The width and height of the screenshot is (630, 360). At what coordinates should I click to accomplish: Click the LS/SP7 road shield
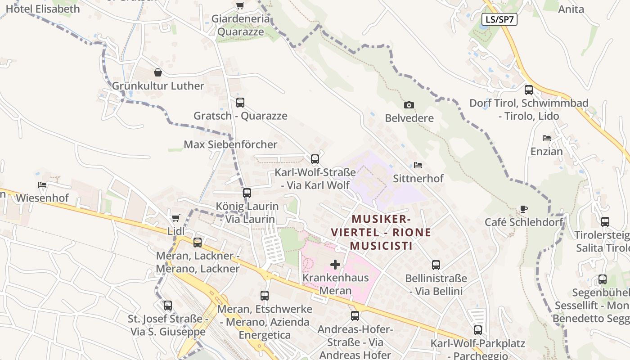tap(499, 19)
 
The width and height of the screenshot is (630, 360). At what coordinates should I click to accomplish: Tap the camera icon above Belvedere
tap(409, 105)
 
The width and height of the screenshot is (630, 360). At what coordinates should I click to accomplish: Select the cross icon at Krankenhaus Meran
tap(335, 264)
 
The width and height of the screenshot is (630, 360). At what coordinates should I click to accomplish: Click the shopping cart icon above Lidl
tap(176, 218)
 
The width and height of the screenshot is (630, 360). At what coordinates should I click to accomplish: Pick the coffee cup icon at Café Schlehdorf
tap(523, 209)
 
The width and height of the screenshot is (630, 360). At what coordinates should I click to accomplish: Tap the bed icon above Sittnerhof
tap(418, 165)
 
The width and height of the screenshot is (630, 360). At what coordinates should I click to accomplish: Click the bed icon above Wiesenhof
tap(42, 184)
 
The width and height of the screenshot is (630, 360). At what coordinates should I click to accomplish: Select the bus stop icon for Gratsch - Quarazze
tap(240, 102)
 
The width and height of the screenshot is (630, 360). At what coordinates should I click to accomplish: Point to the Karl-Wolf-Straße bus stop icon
tap(315, 159)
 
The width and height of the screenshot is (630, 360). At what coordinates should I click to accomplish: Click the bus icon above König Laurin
tap(247, 193)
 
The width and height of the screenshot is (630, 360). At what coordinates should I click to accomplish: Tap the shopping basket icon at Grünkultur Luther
tap(158, 72)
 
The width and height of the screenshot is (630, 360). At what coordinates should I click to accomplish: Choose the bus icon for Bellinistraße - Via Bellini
tap(436, 265)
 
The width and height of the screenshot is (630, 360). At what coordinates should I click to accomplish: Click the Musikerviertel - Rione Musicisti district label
tap(381, 232)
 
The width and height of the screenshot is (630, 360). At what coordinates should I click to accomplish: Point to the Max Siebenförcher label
tap(230, 144)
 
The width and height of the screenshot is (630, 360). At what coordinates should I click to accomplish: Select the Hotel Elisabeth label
tap(43, 9)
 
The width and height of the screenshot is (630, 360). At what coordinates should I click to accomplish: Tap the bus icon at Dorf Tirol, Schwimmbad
tap(529, 90)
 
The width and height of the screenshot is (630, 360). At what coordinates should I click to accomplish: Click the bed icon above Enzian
tap(547, 138)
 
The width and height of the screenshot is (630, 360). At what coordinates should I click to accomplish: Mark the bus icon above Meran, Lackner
tap(197, 243)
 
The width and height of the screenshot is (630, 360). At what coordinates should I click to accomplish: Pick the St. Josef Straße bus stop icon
tap(168, 306)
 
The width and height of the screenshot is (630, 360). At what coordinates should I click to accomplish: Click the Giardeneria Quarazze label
tap(241, 25)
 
